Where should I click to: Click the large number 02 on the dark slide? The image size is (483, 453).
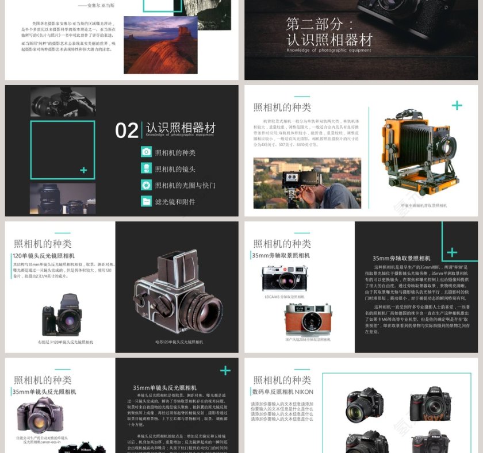[x=126, y=130]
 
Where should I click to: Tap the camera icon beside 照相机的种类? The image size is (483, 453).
[x=146, y=152]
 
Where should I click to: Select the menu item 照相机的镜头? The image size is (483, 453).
[x=175, y=169]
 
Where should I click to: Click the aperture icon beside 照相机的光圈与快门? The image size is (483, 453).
[x=146, y=185]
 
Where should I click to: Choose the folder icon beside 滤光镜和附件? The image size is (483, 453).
[x=146, y=201]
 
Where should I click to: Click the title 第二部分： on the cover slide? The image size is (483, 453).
[x=323, y=24]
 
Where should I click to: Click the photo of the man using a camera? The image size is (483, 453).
[x=307, y=183]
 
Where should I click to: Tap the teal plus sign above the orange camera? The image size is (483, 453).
[x=457, y=105]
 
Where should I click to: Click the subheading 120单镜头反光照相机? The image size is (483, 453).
[x=44, y=256]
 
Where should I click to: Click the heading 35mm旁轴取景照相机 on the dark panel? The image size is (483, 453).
[x=401, y=259]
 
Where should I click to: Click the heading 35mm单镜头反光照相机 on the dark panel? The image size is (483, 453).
[x=164, y=388]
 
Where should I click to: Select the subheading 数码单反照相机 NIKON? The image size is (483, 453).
[x=282, y=392]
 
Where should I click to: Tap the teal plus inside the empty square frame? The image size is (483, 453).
[x=84, y=170]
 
